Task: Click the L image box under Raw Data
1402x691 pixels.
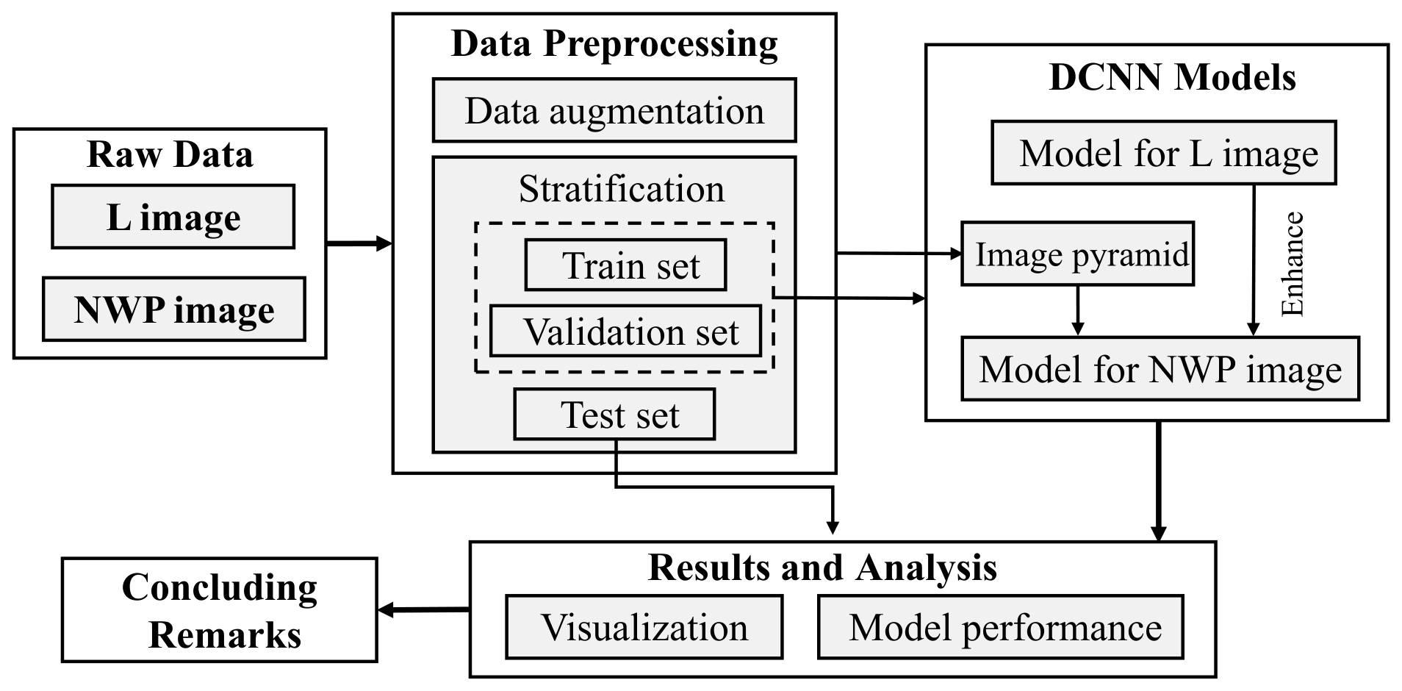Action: [x=173, y=217]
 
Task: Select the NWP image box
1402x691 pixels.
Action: [x=173, y=309]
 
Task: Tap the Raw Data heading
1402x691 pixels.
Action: [x=170, y=155]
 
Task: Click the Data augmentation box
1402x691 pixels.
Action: [x=614, y=111]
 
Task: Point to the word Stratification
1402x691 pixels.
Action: [x=621, y=189]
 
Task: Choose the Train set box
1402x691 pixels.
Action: [x=625, y=265]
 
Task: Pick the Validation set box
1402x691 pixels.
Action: [x=625, y=332]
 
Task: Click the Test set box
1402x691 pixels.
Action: [x=614, y=415]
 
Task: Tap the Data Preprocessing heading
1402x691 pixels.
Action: [x=614, y=43]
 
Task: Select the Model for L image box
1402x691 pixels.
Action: [x=1163, y=154]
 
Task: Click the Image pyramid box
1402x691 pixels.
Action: [x=1077, y=254]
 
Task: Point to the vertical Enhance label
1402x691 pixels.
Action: [x=1292, y=264]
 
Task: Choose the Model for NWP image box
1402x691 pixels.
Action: [x=1160, y=369]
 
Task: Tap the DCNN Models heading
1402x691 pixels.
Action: [x=1172, y=77]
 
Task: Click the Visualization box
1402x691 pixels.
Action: [x=644, y=628]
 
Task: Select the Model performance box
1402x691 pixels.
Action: [x=1000, y=628]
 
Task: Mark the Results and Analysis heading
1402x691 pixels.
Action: [x=822, y=568]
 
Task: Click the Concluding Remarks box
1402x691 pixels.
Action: [x=220, y=610]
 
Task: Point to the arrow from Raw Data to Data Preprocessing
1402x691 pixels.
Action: [x=359, y=243]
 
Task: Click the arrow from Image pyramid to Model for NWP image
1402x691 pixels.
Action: [x=1077, y=310]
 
